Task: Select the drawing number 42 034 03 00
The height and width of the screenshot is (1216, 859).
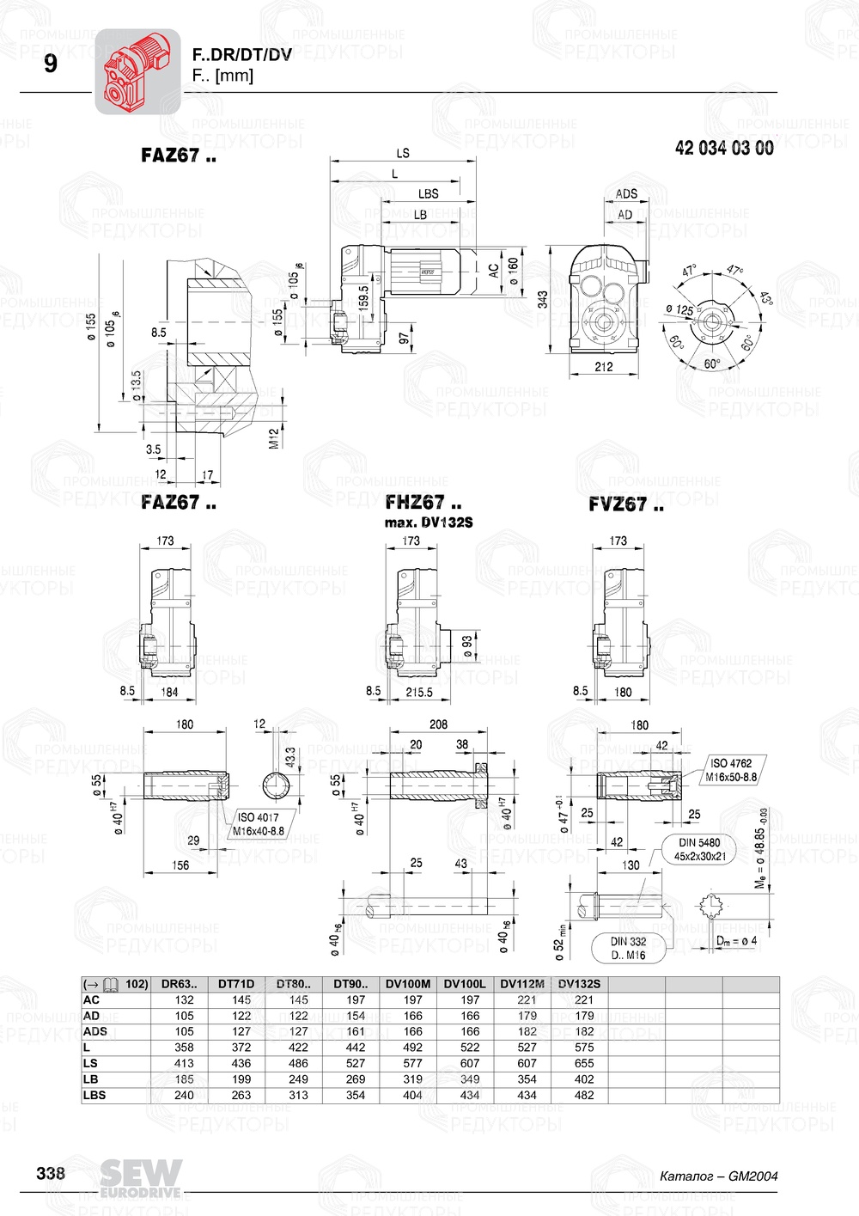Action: (723, 149)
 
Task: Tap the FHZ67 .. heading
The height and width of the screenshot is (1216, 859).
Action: (423, 503)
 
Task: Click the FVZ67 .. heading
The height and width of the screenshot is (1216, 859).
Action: (625, 504)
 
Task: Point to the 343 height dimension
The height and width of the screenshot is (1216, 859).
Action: (543, 299)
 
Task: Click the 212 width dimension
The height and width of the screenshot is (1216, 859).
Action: (604, 367)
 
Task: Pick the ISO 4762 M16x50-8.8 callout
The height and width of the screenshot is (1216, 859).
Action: (731, 770)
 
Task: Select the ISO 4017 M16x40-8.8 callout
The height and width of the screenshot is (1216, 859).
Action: (259, 824)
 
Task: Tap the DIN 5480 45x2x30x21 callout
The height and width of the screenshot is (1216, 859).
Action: (699, 850)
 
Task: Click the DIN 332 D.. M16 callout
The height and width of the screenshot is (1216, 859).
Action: (628, 948)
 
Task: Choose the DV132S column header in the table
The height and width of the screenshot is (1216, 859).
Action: (579, 984)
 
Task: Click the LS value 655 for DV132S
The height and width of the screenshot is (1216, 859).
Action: (584, 1063)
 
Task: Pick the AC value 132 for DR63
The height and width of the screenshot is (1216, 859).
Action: (184, 999)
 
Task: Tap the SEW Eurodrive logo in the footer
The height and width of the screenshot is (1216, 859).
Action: (140, 1177)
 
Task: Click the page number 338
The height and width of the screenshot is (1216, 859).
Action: (51, 1173)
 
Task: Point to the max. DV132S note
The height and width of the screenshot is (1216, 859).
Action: (428, 522)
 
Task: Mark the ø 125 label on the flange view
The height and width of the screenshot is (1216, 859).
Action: (679, 310)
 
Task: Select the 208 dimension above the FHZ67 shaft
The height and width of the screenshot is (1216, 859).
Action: (438, 724)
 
